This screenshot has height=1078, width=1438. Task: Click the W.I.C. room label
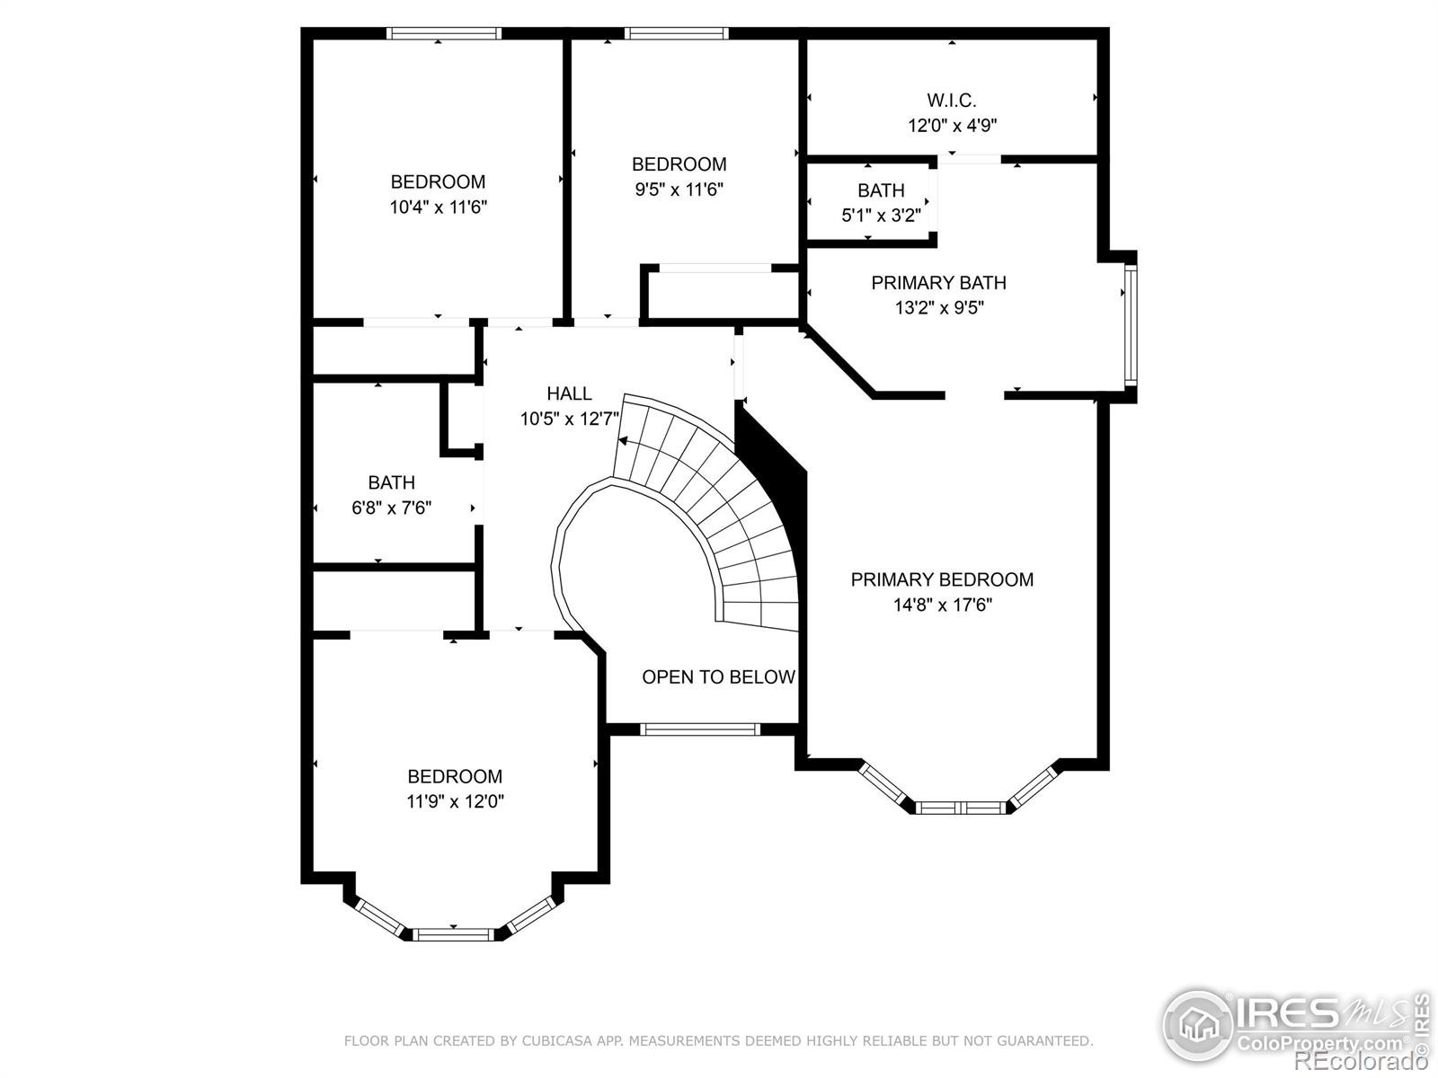951,101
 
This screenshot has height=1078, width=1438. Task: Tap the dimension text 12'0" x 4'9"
952,126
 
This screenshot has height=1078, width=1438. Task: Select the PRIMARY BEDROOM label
942,579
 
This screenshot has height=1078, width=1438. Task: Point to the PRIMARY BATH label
938,283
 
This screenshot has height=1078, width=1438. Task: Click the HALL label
569,393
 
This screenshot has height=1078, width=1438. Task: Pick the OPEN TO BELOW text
718,676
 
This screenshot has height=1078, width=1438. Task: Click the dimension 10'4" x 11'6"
439,208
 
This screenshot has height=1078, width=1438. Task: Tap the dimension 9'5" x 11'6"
679,190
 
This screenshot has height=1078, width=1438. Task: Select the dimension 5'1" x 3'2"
881,216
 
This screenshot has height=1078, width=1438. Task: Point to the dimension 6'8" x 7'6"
391,508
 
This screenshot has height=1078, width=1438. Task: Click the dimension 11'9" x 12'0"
455,801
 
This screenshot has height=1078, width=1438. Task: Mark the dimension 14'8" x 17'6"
942,605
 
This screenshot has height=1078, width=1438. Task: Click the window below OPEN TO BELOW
699,729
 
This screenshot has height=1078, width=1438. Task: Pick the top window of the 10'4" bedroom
443,33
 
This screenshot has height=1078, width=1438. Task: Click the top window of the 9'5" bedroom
676,33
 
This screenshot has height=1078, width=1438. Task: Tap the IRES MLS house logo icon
1197,1024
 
